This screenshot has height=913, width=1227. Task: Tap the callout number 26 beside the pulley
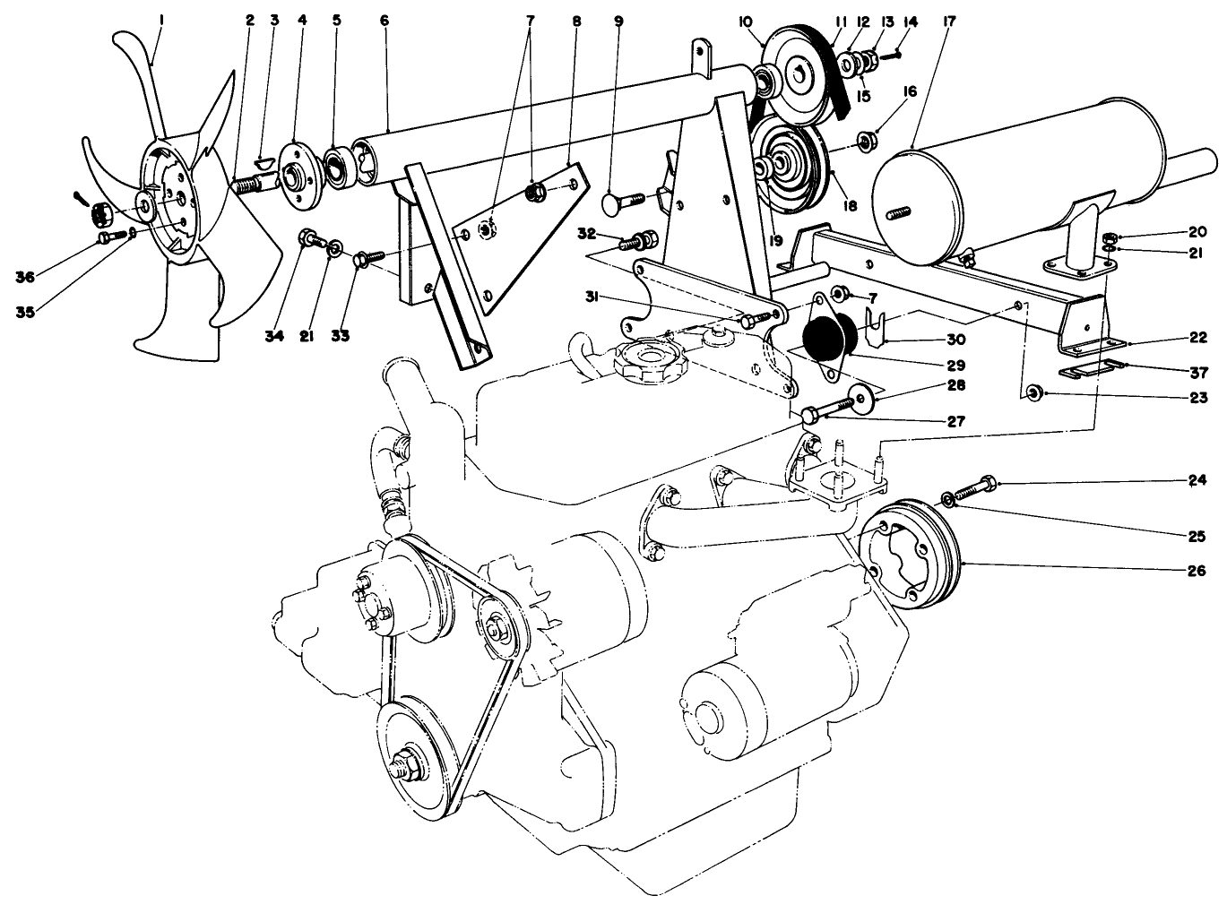(x=1197, y=570)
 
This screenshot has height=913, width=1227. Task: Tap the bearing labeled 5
(x=341, y=168)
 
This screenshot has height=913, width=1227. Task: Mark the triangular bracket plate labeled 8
(x=520, y=237)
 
